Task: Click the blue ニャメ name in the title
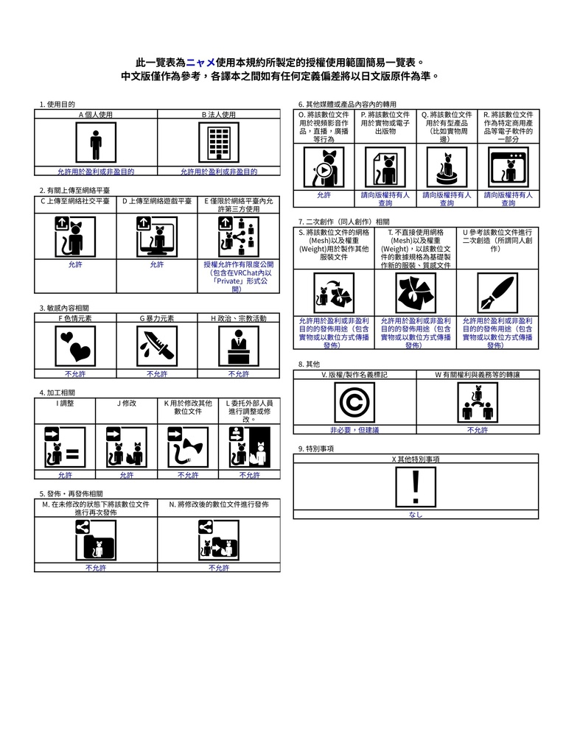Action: point(200,63)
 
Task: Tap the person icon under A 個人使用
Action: point(96,143)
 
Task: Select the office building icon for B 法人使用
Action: point(219,143)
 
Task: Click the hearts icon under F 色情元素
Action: point(75,346)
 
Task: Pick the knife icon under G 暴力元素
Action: point(157,346)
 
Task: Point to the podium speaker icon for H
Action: point(239,346)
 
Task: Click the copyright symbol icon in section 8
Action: point(354,402)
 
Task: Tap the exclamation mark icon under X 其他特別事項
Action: point(416,487)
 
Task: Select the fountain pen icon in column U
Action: point(497,293)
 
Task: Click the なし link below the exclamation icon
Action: point(416,515)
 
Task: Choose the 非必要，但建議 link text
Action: point(354,430)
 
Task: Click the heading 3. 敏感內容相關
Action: point(64,309)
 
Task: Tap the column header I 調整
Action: point(65,404)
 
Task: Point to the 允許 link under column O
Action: point(324,195)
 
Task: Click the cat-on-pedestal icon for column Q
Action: point(447,167)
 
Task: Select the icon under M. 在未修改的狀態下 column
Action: point(96,540)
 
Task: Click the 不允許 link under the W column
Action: point(478,430)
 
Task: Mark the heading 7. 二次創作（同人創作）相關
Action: point(343,222)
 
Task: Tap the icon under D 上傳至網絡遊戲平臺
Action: point(157,236)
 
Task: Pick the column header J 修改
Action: point(127,404)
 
